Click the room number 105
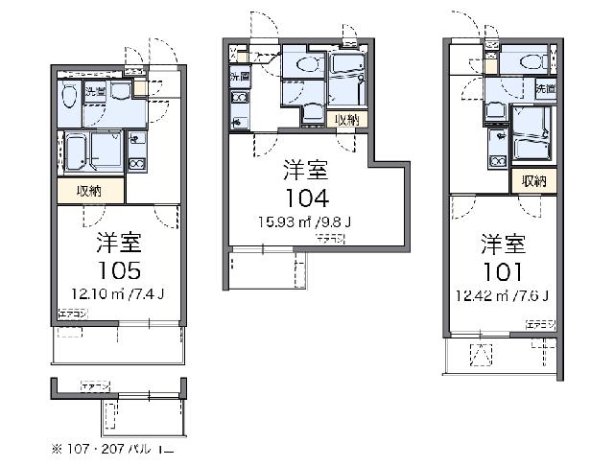click(119, 268)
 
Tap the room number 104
click(305, 198)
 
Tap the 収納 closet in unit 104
click(346, 120)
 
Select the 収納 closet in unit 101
click(534, 180)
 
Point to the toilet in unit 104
click(308, 64)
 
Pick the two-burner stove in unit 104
click(239, 99)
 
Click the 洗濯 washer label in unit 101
click(544, 88)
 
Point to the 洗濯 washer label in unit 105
click(95, 92)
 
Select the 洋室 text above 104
click(305, 173)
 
